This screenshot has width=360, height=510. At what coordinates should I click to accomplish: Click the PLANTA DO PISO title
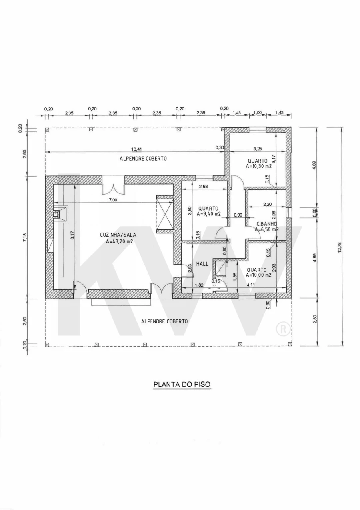tap(182, 384)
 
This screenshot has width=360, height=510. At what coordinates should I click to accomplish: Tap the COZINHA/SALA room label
tap(118, 235)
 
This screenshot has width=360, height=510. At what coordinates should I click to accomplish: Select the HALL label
tap(202, 264)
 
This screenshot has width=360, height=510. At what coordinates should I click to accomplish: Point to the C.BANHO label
tap(267, 224)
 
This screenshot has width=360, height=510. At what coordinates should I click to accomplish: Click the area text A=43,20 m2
tap(120, 241)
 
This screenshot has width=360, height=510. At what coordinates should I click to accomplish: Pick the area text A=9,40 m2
tap(209, 214)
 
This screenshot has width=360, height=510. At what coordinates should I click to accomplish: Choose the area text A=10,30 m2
tap(258, 166)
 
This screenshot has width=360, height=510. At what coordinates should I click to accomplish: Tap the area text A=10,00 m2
tap(258, 275)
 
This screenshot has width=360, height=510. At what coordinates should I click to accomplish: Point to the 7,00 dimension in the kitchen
tap(113, 200)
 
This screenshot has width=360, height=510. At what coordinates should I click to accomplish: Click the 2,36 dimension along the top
tap(201, 113)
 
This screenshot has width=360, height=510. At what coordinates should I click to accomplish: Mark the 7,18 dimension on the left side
tap(25, 237)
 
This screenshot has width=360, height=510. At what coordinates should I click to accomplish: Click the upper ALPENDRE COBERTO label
tap(143, 158)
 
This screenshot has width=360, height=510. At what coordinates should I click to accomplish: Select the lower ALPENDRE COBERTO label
tap(164, 321)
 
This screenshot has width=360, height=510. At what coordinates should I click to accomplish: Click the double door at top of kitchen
tap(113, 185)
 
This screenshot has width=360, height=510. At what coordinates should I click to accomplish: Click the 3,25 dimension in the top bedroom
tap(258, 149)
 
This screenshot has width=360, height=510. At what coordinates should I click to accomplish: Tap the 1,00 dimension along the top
tap(258, 112)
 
